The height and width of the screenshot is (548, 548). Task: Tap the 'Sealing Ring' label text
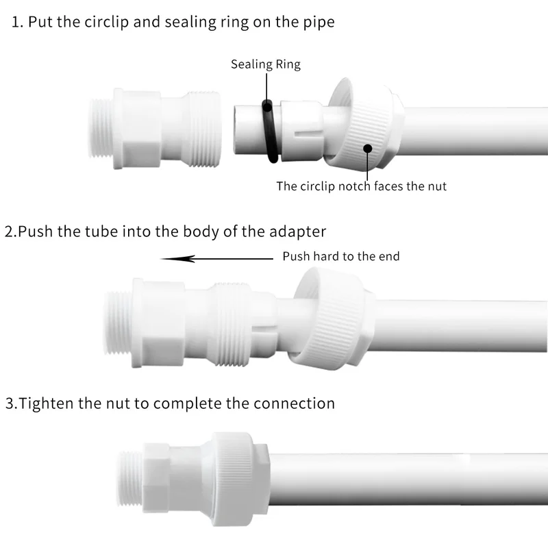[x=265, y=64]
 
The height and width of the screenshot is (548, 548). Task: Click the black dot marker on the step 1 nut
[x=368, y=147]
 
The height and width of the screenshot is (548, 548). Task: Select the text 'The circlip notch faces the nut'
[x=361, y=186]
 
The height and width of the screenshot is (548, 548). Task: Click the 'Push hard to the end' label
[x=340, y=256]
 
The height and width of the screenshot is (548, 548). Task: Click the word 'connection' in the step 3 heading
[x=295, y=403]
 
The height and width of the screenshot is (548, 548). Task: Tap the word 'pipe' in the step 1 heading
[x=319, y=21]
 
